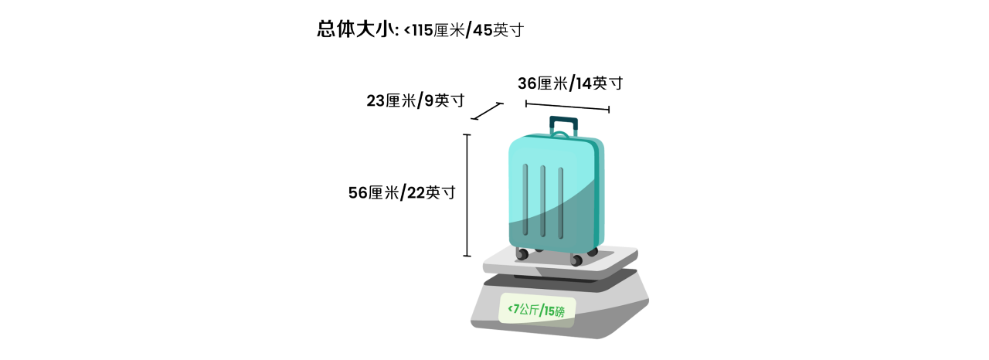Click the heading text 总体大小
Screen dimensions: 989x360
click(355, 29)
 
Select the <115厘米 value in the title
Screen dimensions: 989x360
click(434, 30)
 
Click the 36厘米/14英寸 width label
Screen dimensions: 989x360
click(570, 83)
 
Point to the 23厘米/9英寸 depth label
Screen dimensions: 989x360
click(416, 100)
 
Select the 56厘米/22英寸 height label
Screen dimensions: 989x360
click(402, 192)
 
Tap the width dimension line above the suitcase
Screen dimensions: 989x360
click(567, 107)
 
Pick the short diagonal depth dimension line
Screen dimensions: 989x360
click(487, 111)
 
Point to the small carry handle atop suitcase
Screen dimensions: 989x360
click(561, 134)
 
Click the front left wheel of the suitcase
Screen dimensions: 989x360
click(522, 254)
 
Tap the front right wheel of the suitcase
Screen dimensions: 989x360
click(576, 260)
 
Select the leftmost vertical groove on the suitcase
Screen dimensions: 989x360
click(525, 199)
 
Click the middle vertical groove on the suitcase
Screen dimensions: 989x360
click(542, 201)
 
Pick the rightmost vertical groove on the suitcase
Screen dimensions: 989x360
click(560, 203)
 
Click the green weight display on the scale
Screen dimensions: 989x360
click(537, 310)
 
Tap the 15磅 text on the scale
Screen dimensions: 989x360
click(554, 311)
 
